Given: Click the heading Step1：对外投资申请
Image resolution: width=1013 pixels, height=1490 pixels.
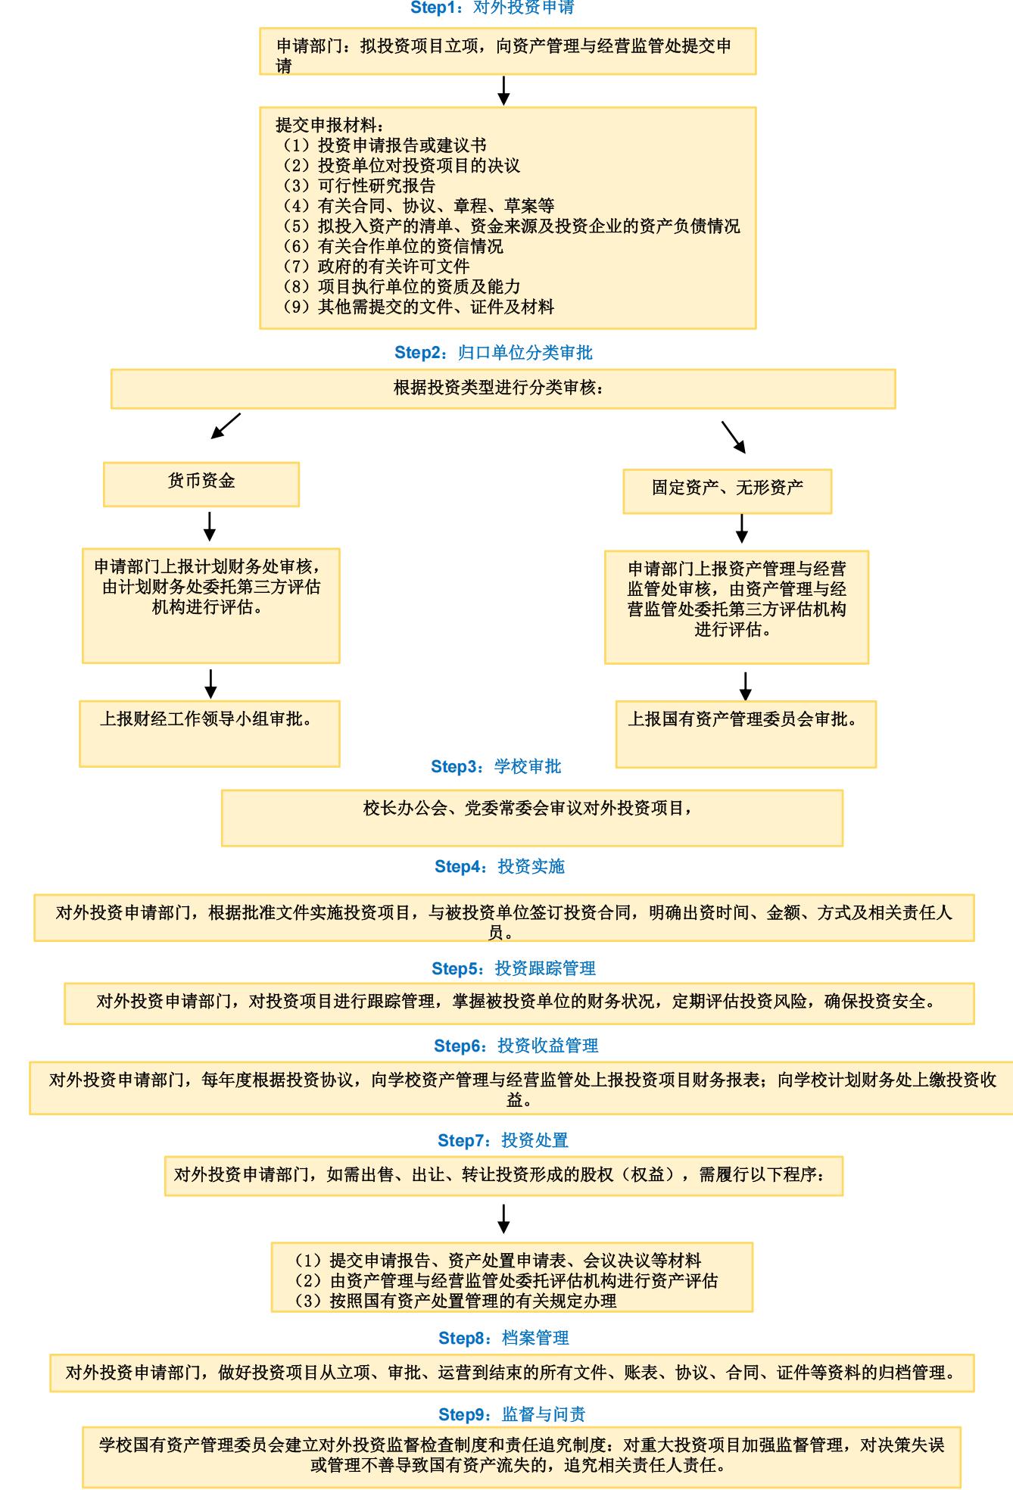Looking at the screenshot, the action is click(492, 8).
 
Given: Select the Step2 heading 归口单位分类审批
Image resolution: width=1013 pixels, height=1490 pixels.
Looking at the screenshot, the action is click(494, 353).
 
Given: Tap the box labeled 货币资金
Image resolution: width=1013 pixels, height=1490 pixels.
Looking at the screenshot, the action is click(201, 484).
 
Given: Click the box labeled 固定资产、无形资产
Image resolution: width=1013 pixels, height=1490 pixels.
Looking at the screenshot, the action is click(728, 491).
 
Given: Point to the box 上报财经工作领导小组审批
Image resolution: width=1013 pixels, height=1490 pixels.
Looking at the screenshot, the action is click(210, 733).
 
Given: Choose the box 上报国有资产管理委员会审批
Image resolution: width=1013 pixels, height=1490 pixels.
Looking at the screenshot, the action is click(746, 734).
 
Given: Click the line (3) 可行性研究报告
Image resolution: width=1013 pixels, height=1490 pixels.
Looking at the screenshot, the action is click(356, 185).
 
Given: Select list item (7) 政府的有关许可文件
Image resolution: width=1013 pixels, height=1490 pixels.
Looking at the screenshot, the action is click(372, 267).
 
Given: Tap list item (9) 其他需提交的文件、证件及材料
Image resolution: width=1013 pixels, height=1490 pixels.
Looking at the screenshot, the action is click(415, 307).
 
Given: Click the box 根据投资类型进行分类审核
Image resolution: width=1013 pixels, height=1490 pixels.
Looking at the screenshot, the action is click(503, 389).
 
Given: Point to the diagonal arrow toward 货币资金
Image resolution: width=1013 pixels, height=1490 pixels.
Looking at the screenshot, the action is click(226, 425).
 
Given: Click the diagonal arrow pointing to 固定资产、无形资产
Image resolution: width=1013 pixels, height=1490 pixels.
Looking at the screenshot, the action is click(734, 437).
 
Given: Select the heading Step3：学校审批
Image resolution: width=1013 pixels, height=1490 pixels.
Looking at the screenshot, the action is click(496, 767).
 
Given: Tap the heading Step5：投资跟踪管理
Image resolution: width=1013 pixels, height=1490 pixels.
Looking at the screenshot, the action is click(513, 968).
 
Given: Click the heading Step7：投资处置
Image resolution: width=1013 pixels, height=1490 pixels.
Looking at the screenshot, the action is click(503, 1140).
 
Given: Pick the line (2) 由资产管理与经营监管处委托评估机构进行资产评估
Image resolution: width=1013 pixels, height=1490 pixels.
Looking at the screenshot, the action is click(506, 1280).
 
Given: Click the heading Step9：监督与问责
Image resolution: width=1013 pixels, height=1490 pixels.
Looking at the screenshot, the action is click(512, 1414).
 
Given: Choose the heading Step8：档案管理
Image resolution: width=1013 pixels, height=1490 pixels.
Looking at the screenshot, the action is click(503, 1338).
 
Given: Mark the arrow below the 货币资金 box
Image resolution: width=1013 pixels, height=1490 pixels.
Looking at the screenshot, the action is click(210, 526).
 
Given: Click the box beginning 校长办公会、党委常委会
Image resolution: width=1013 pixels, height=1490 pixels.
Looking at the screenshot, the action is click(532, 818).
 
